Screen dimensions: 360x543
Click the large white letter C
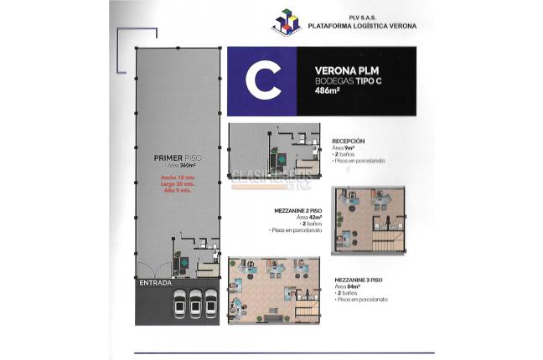click(262, 81)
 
